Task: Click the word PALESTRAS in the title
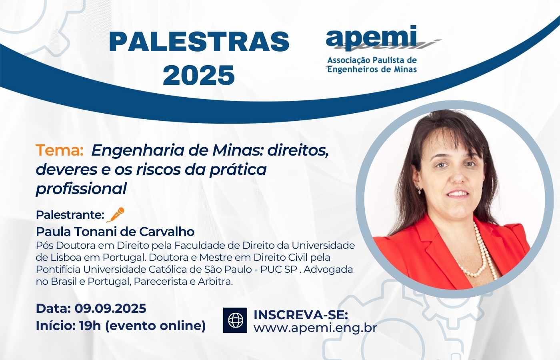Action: pos(199,42)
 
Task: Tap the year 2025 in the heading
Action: pos(199,75)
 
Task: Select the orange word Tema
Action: pos(59,150)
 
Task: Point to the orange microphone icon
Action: pos(116,215)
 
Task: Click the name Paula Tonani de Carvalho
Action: pos(115,232)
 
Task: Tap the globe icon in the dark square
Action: pos(236,320)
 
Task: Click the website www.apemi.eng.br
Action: pos(315,328)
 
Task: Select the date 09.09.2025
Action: pos(110,308)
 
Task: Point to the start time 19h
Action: pos(90,326)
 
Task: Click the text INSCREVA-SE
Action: pos(301,314)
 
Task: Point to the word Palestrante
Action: pos(70,215)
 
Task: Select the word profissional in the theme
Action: pos(81,188)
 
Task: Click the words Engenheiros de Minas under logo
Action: pos(372,69)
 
